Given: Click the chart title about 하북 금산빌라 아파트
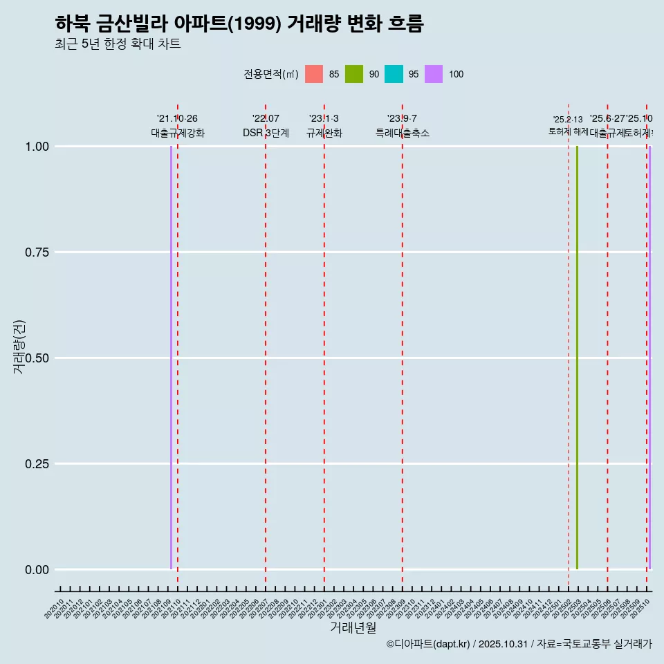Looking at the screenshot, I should coord(239,24).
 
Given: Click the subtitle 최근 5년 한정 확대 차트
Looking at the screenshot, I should coord(118,44).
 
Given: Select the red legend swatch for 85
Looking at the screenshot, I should coord(314,74).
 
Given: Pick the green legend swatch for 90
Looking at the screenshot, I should coord(354,74).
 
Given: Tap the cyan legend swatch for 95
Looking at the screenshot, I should coord(394,74).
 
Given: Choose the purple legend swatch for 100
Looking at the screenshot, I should coord(434,74).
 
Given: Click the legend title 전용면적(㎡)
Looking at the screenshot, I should coord(271,75).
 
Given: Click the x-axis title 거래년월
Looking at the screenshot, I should coord(353,627).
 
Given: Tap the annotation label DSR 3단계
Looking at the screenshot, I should coord(266,133).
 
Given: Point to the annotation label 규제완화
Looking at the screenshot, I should coord(324,133).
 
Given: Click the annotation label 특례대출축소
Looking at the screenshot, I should coord(403,133).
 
